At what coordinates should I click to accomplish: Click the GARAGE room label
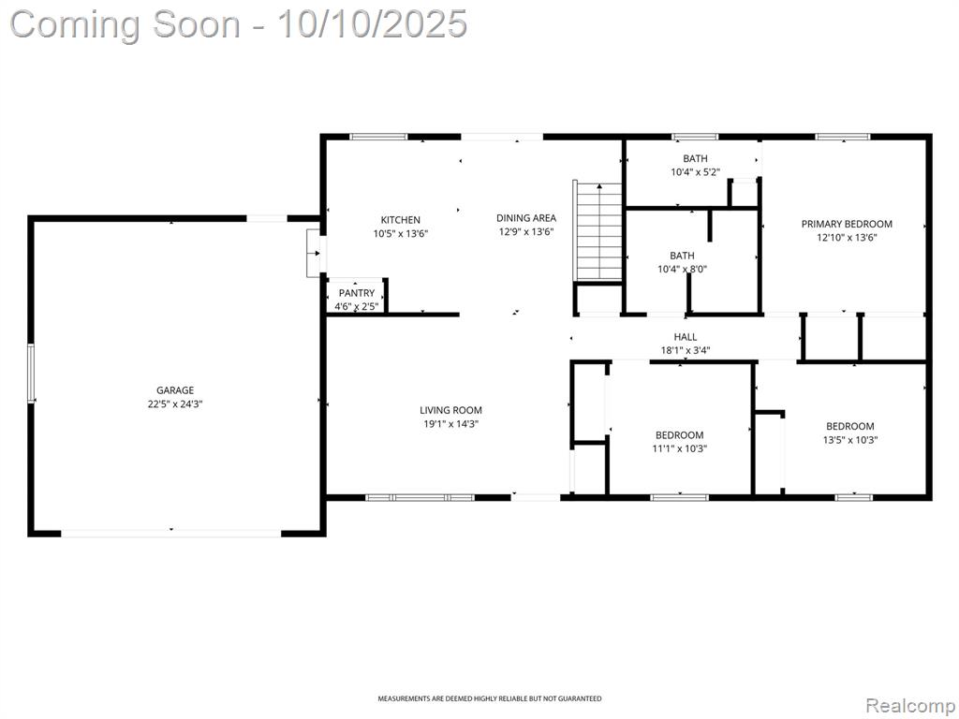[175, 390]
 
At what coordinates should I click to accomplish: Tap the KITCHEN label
[401, 219]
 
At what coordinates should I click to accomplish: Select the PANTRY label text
[357, 293]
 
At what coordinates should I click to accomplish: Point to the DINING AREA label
[526, 217]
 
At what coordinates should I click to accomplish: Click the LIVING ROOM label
[450, 410]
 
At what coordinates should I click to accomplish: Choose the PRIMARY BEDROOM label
[847, 224]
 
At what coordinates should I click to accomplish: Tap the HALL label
[686, 337]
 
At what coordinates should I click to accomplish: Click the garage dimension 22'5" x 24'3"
[175, 404]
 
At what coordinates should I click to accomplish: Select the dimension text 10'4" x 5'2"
[695, 172]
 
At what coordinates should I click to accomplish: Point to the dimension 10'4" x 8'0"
[682, 269]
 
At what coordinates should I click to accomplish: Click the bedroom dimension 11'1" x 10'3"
[680, 448]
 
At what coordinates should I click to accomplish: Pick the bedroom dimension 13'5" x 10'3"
[850, 439]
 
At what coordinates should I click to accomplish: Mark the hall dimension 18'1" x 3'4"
[686, 350]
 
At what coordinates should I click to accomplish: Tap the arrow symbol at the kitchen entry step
[317, 253]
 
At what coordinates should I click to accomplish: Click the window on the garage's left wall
[30, 374]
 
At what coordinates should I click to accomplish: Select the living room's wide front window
[420, 498]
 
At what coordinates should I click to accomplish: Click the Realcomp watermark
[908, 706]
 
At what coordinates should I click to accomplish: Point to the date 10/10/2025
[372, 24]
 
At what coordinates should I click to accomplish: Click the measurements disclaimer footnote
[489, 698]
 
